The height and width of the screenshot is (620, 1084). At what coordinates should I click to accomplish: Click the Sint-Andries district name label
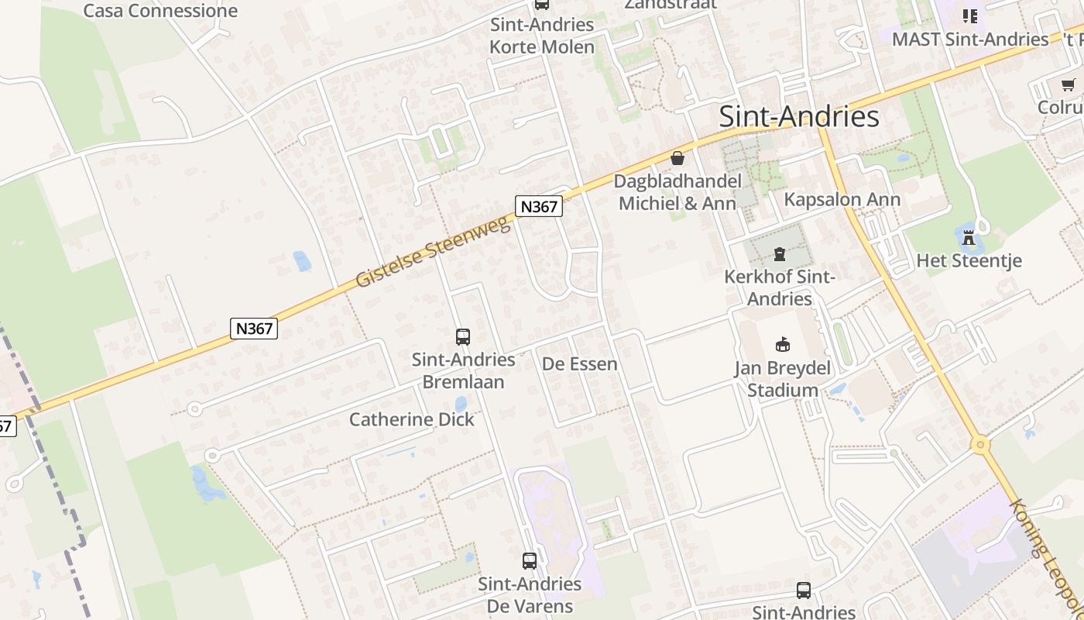(x=799, y=116)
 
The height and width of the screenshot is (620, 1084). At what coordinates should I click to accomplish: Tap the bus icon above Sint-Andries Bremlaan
(x=463, y=337)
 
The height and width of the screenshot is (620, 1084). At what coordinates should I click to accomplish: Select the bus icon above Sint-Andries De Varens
(x=530, y=561)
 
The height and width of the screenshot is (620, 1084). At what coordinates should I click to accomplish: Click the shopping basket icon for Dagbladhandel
(x=677, y=158)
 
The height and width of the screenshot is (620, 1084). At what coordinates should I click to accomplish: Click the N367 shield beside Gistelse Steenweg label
(x=538, y=207)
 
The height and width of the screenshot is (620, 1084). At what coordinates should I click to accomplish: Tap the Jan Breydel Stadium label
(x=781, y=379)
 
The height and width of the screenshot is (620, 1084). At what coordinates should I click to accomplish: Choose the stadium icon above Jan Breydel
(x=781, y=344)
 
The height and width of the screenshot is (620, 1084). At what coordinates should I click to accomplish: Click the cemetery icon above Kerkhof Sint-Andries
(x=780, y=253)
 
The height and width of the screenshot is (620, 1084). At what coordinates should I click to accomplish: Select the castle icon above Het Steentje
(x=969, y=238)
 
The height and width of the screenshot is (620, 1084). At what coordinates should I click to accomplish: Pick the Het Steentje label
(x=969, y=260)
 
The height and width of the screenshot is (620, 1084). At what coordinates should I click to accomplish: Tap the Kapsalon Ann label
(x=842, y=199)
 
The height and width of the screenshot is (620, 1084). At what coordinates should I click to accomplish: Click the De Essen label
(x=579, y=363)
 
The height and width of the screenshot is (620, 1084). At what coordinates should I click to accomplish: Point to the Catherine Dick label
(x=411, y=419)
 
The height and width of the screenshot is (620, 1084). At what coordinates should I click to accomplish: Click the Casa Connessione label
(x=160, y=11)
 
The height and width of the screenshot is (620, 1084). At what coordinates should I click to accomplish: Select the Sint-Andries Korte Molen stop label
(x=542, y=36)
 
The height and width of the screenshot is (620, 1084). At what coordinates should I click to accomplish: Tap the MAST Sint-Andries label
(x=970, y=39)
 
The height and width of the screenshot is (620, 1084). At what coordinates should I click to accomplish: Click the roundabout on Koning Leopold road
(x=981, y=445)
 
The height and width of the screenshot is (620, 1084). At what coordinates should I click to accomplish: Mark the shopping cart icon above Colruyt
(x=1069, y=84)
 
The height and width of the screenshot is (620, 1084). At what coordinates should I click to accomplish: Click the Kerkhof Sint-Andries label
(x=779, y=288)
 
